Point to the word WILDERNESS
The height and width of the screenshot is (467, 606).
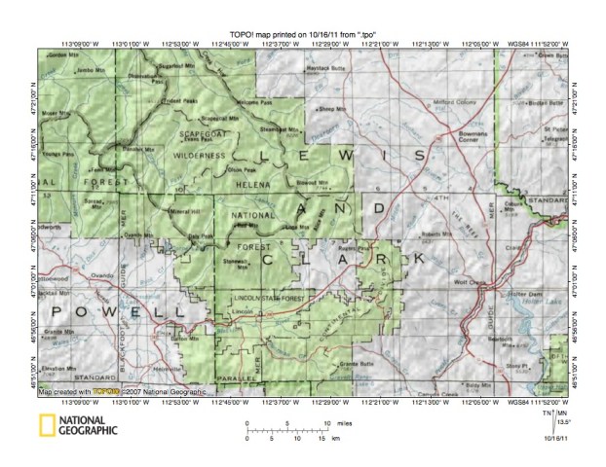coord(201,155)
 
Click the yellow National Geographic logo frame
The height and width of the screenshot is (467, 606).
coord(45,424)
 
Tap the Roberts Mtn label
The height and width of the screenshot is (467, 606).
coord(432,234)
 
